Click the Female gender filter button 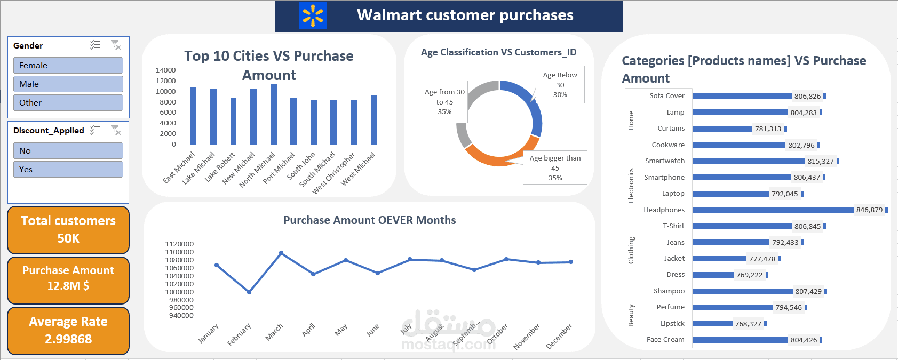click(68, 65)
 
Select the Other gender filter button click(68, 102)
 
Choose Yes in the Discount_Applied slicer click(68, 169)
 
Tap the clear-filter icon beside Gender click(116, 45)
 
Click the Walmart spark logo click(313, 15)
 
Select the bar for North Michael click(274, 114)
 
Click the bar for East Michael click(193, 116)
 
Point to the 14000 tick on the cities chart click(165, 70)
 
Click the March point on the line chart click(281, 253)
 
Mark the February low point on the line click(249, 292)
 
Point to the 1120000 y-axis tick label click(179, 244)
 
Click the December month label click(559, 335)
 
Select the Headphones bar click(773, 210)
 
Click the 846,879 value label click(869, 210)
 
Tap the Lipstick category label click(672, 323)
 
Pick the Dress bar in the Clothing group click(713, 275)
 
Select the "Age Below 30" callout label click(560, 84)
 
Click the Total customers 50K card click(68, 230)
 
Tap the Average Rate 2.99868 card click(68, 331)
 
